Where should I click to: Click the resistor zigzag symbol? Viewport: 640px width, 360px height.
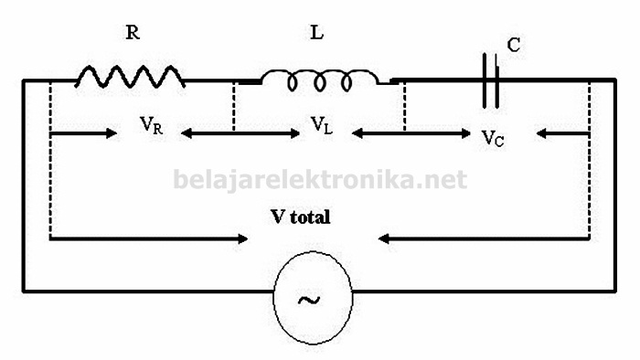[x=129, y=76]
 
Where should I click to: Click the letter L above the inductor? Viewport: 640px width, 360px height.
[x=317, y=34]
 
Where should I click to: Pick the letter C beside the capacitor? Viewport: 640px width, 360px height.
[x=514, y=44]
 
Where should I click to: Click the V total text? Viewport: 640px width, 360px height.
[x=300, y=217]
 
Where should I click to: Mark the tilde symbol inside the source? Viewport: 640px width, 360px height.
[x=314, y=297]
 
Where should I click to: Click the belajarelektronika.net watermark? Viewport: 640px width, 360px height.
[x=320, y=178]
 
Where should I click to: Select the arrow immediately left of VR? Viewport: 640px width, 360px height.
[x=84, y=133]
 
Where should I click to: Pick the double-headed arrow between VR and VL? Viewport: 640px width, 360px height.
[x=241, y=133]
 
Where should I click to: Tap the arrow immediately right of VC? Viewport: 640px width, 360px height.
[x=562, y=133]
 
